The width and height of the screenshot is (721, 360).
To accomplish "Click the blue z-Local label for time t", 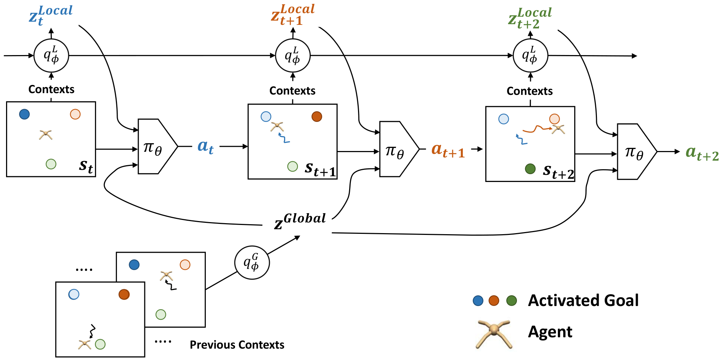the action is [x=51, y=16].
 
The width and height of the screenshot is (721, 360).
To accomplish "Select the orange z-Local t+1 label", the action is [x=293, y=15].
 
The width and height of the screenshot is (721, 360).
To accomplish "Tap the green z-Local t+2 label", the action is [x=530, y=18].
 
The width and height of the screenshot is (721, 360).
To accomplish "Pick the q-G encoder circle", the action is [x=252, y=263].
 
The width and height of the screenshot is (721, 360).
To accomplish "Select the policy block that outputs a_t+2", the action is [x=637, y=152].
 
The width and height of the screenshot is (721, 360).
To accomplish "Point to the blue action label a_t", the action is [x=205, y=146].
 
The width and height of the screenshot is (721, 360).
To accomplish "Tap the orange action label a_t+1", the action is [x=448, y=150].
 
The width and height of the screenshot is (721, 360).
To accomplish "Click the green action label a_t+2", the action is [x=702, y=153].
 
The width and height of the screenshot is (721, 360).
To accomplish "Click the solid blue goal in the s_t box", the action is [x=25, y=114].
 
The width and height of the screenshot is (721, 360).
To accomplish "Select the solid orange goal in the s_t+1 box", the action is [x=317, y=117].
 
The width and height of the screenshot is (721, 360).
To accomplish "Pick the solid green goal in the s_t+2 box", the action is [x=530, y=168].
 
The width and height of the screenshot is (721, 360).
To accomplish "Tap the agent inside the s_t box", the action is [x=46, y=135].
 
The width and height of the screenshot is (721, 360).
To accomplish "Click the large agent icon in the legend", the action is [x=494, y=334].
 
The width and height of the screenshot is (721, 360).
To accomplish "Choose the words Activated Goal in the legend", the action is [x=583, y=301].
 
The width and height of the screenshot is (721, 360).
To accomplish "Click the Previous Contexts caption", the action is [x=237, y=345].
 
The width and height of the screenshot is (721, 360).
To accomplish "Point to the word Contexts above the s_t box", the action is [x=52, y=89].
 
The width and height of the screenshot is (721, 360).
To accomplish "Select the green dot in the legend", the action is [x=511, y=301].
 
